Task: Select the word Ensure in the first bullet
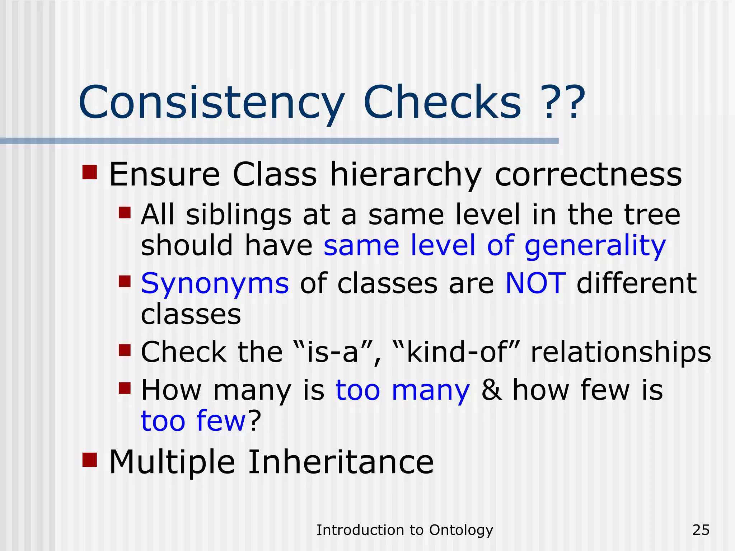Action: pos(164,175)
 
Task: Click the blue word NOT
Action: pos(535,283)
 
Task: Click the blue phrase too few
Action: pos(193,421)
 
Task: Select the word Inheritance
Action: pos(341,462)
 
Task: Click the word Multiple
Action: pos(172,463)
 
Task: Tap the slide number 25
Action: pos(701,530)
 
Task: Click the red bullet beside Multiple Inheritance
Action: pos(89,460)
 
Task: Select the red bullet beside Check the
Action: pos(124,350)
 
